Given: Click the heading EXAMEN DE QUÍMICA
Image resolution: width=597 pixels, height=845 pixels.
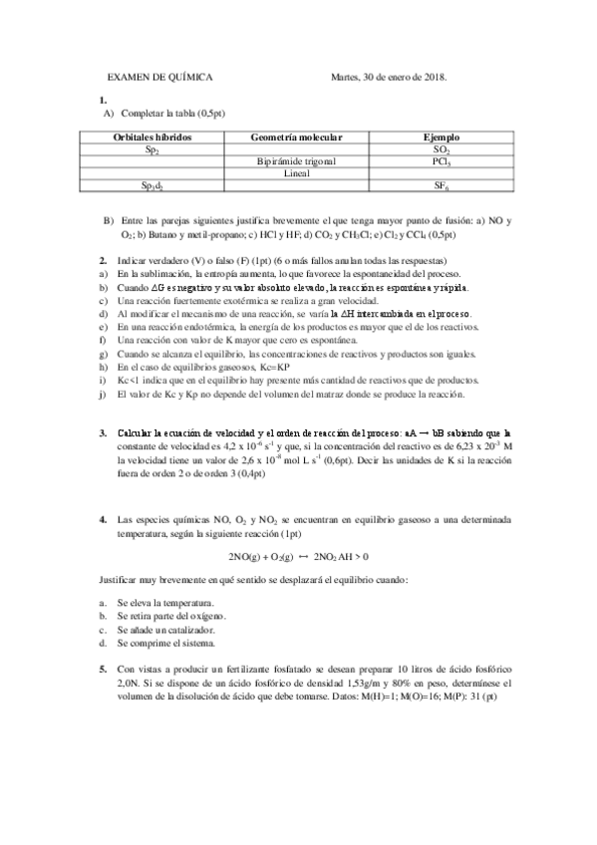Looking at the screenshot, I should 159,77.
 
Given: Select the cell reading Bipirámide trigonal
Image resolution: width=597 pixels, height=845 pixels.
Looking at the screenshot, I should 296,160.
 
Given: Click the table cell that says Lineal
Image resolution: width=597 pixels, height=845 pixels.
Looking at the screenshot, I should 296,172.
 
